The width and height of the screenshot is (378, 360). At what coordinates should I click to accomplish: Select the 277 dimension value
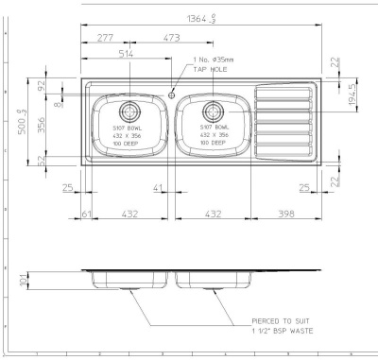105,38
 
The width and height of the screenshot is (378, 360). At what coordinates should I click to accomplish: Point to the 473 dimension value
171,38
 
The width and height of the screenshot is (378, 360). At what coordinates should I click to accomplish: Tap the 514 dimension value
126,55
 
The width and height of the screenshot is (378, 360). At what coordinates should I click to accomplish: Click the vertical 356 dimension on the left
42,126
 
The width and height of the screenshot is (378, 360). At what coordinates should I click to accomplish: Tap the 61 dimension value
86,214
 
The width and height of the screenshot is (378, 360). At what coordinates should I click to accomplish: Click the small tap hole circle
171,94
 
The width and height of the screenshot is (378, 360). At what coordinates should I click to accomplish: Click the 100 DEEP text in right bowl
214,148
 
